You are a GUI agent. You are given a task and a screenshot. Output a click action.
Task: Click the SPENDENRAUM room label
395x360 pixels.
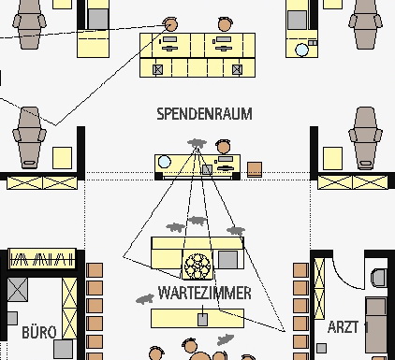(x=204, y=114)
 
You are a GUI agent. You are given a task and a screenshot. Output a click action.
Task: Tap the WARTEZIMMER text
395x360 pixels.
(x=204, y=293)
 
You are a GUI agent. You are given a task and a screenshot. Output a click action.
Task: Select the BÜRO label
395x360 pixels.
(x=39, y=332)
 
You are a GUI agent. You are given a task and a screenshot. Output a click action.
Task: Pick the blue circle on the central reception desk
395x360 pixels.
(x=164, y=162)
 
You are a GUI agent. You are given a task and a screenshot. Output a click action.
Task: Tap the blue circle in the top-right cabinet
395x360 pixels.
(x=301, y=50)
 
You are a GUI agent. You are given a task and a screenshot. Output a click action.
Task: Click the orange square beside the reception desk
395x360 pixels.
(x=255, y=169)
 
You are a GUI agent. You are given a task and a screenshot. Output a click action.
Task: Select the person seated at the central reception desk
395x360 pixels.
(x=223, y=147)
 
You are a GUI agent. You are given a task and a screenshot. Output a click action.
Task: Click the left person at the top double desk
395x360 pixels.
(x=170, y=24)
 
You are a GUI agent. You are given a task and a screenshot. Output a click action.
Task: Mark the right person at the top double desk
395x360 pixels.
(x=226, y=24)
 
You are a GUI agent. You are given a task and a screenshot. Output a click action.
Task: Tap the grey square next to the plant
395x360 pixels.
(x=227, y=260)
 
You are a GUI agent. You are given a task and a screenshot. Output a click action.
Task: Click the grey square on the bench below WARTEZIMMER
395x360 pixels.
(x=202, y=320)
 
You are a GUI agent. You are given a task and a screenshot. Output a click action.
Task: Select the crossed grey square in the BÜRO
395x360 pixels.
(x=17, y=290)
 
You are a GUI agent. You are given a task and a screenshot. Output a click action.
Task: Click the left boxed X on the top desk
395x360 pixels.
(x=158, y=69)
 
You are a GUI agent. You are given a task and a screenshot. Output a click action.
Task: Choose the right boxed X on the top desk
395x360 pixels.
(x=237, y=69)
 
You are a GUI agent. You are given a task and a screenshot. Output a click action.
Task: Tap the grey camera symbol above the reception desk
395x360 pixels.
(x=197, y=143)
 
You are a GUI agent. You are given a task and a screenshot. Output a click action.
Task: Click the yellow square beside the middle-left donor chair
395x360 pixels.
(x=62, y=158)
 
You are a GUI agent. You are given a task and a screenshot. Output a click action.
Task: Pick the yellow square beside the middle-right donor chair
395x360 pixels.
(x=332, y=158)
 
